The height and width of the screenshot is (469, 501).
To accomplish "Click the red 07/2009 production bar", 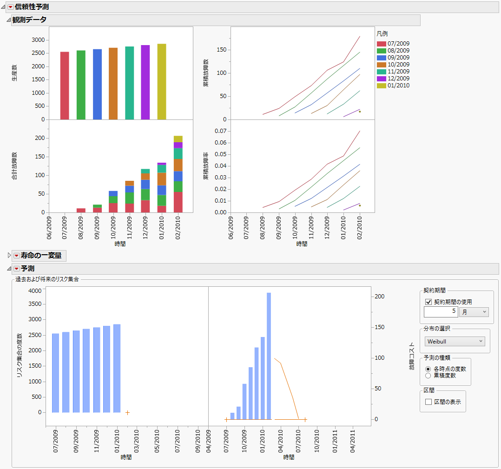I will click(x=65, y=86).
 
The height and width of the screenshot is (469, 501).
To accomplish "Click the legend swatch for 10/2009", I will click(x=382, y=65).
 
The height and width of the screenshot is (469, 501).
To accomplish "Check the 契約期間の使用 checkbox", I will click(x=428, y=302).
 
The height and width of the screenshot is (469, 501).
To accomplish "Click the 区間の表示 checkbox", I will click(x=428, y=402).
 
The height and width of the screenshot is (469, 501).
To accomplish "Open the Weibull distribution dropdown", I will click(x=455, y=342).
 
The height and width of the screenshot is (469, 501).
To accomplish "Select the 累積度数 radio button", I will click(x=428, y=375).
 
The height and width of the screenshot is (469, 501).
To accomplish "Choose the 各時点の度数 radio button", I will click(x=428, y=369).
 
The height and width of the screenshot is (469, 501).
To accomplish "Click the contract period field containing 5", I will click(x=441, y=312).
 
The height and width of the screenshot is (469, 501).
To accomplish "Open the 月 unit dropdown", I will click(x=474, y=312).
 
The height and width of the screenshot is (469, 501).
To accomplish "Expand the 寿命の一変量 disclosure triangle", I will click(x=9, y=255).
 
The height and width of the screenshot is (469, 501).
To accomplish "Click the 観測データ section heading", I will click(x=29, y=20).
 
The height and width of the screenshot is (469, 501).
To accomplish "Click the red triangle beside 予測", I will click(x=16, y=269).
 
